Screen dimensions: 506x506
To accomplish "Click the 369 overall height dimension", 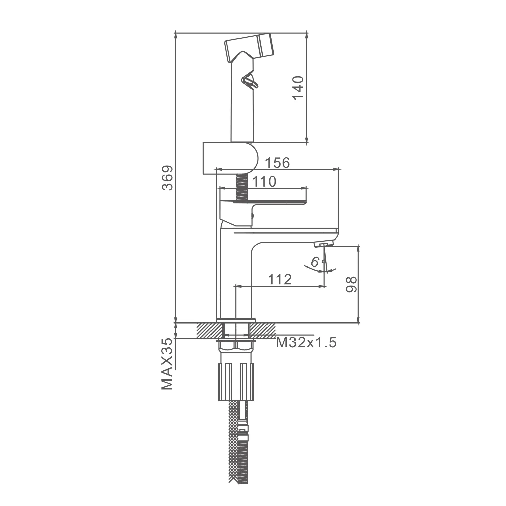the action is [168, 178].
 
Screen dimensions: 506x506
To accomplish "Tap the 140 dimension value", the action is [299, 88].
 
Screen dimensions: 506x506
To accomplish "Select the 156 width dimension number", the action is [277, 163].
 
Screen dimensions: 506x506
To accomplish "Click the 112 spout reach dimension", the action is [280, 279].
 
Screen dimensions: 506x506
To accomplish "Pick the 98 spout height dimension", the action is [351, 285].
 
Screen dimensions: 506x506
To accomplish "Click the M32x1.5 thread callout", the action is [306, 343].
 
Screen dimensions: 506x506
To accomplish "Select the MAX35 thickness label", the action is [168, 365].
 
